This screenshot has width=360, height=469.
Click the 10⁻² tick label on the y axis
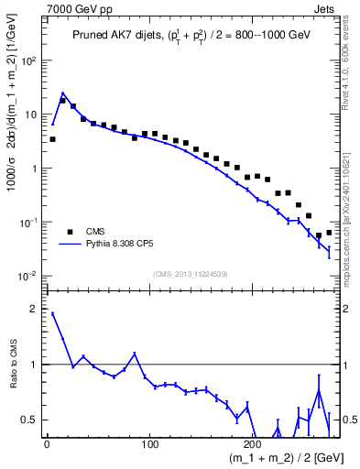coord(30,276)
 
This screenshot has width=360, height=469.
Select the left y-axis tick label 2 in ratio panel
coord(35,309)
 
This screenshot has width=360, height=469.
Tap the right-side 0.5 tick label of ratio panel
coord(348,420)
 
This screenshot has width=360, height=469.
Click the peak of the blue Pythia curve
coord(62,93)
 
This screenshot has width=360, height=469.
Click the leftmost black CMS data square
coord(52,139)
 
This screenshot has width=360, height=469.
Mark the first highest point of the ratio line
coord(52,313)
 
